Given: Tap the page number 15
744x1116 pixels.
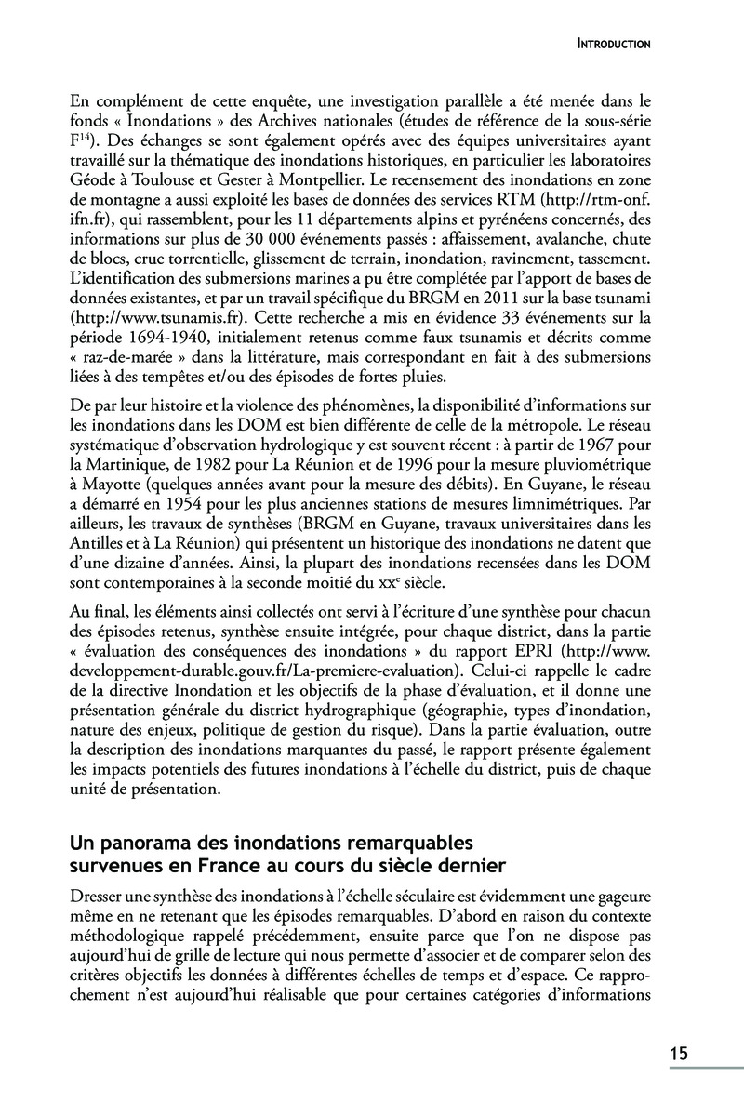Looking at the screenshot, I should [678, 1054].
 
